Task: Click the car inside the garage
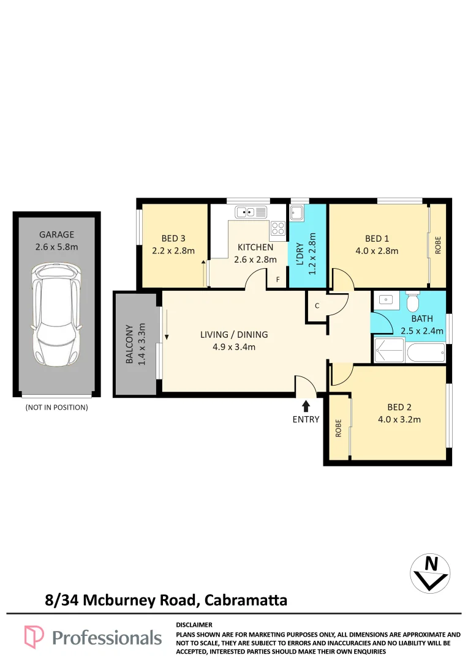(56, 315)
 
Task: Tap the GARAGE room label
(56, 234)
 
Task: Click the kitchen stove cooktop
(277, 228)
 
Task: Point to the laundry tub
(296, 213)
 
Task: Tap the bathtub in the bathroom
(426, 353)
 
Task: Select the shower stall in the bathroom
(390, 351)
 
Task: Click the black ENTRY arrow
(306, 406)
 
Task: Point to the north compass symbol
(430, 573)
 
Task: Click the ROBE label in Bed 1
(437, 245)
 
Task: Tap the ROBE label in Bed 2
(338, 428)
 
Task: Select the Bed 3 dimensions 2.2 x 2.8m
(173, 251)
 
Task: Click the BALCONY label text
(129, 344)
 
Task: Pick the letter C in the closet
(317, 305)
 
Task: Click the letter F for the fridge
(277, 280)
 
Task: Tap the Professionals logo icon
(34, 637)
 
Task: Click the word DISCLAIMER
(194, 625)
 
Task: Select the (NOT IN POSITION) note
(56, 407)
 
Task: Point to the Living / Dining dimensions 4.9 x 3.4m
(234, 347)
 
